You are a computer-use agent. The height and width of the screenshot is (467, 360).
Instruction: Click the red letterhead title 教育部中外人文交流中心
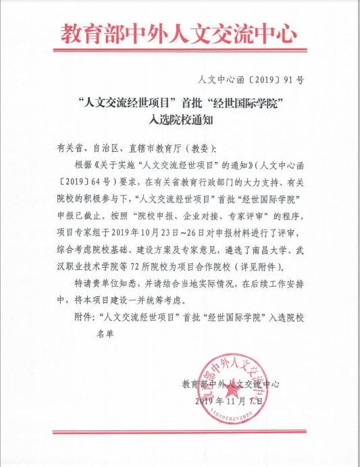[179, 32]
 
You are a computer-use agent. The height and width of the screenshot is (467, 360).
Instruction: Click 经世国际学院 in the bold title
[250, 105]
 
